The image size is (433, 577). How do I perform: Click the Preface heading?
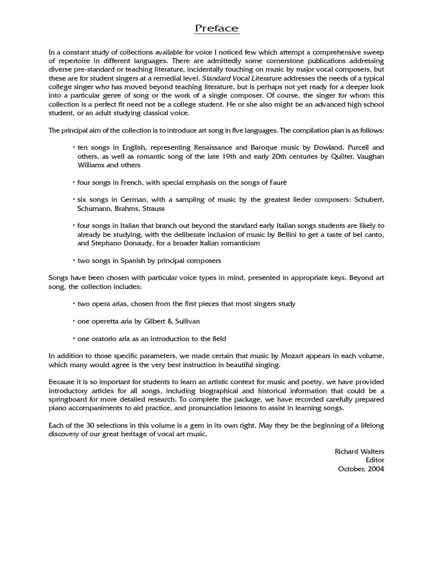tap(216, 29)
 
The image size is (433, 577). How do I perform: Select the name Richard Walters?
tap(359, 452)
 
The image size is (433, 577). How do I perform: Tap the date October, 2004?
tap(361, 469)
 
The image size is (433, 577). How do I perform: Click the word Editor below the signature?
tap(375, 460)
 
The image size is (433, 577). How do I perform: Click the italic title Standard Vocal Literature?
tap(242, 79)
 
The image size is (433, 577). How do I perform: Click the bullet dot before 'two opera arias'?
tap(74, 304)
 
